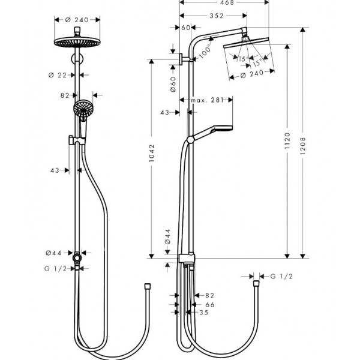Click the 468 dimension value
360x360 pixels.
coord(227,2)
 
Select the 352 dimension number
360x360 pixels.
coord(217,16)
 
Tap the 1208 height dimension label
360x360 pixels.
coord(303,146)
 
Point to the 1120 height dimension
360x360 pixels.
coord(287,140)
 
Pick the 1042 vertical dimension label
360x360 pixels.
coord(152,153)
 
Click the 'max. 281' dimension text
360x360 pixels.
coord(207,100)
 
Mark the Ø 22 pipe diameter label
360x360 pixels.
coord(58,75)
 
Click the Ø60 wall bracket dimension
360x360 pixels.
coord(173,84)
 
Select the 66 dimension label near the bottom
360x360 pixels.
coord(210,305)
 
